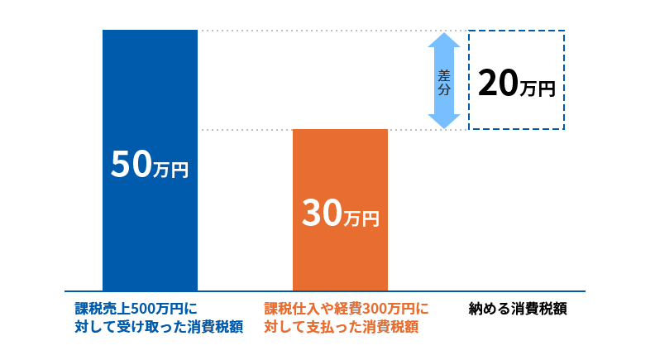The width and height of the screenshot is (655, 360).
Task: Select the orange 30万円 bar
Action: (340, 257)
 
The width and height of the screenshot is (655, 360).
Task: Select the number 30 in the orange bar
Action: (321, 214)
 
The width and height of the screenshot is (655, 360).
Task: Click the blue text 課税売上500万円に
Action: (137, 309)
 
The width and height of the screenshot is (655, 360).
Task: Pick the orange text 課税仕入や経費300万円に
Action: (347, 309)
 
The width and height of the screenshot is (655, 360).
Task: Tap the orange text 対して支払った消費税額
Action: (341, 326)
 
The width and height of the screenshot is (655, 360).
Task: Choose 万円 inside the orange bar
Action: (361, 218)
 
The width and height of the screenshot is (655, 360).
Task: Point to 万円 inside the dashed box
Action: (537, 87)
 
